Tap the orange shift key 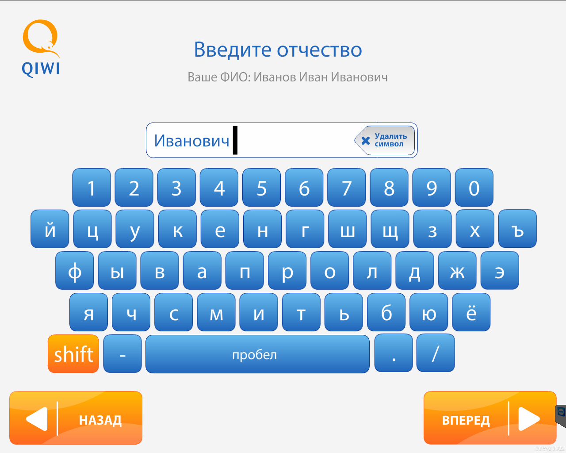[x=73, y=353]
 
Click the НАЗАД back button [x=76, y=418]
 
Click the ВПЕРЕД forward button [x=490, y=418]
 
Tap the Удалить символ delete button [x=385, y=140]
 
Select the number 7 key [x=346, y=188]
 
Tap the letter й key [x=50, y=229]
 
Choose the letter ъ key [x=517, y=229]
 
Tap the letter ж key [x=457, y=270]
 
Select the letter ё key [x=471, y=312]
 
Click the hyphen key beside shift [x=122, y=353]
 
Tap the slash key [x=436, y=353]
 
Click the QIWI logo [x=41, y=48]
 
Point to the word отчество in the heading [x=319, y=50]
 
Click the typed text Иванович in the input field [x=191, y=141]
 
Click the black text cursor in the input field [x=235, y=140]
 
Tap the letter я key [x=88, y=312]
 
